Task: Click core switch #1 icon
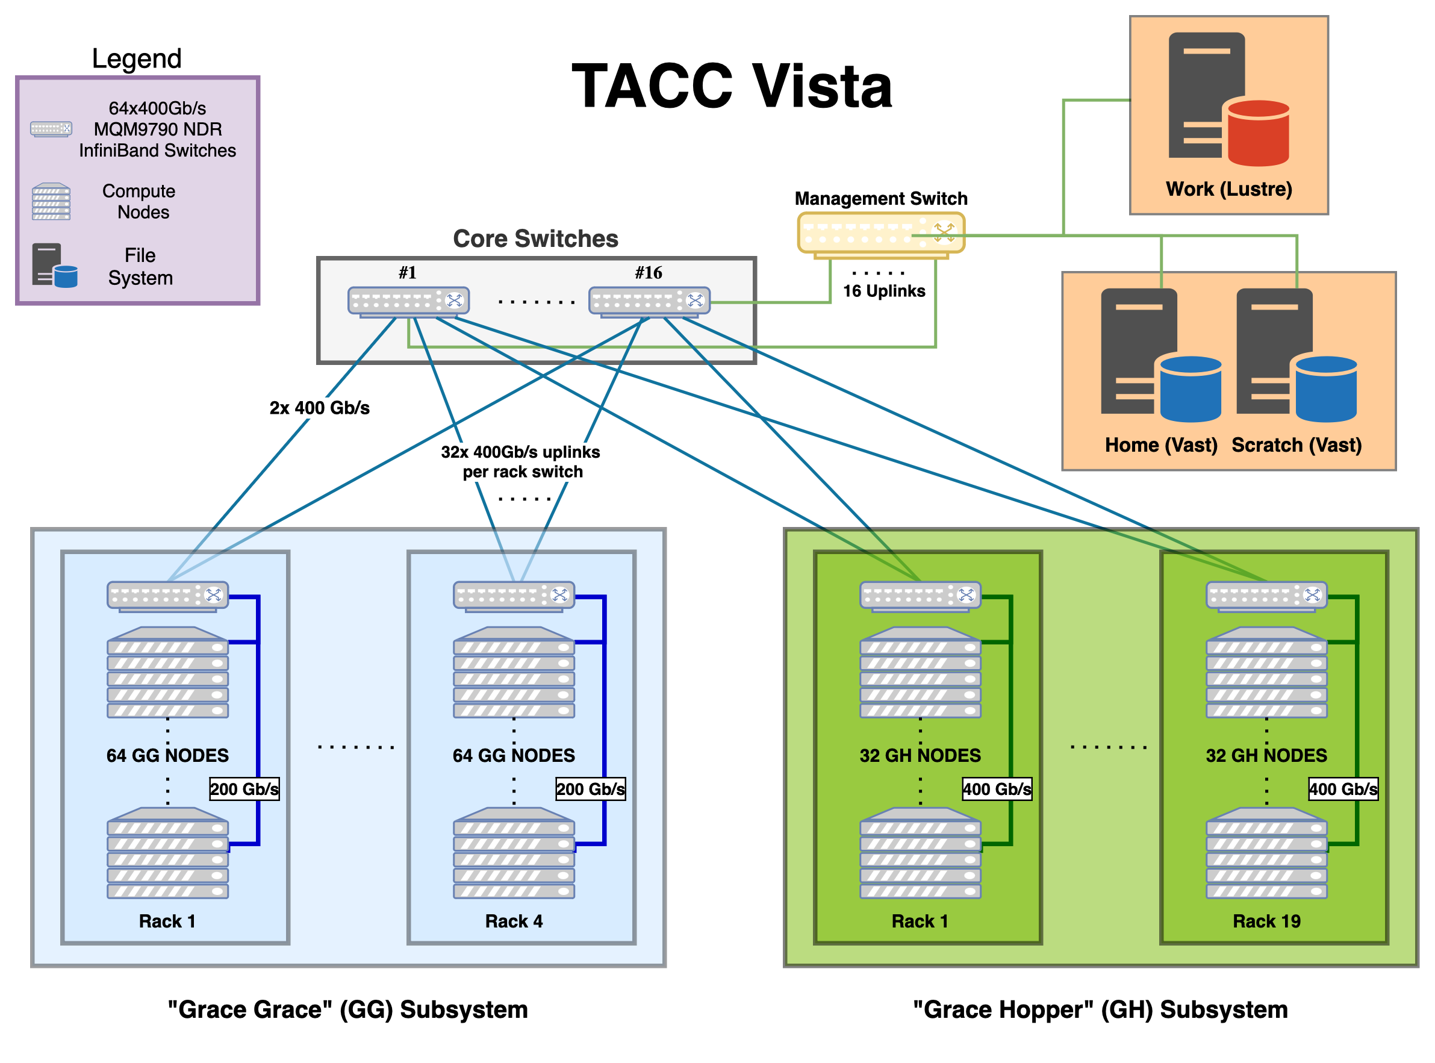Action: click(408, 301)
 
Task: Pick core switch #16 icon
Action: click(649, 301)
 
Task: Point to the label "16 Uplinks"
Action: click(884, 291)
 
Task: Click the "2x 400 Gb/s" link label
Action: click(319, 408)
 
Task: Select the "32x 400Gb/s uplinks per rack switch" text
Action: click(521, 461)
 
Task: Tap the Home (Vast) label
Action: click(1160, 444)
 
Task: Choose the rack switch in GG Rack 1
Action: click(167, 595)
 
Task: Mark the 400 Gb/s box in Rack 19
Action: click(1342, 789)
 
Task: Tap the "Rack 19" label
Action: click(1266, 921)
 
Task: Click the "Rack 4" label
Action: click(513, 921)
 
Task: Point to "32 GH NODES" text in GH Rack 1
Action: click(920, 755)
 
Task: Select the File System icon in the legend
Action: click(54, 265)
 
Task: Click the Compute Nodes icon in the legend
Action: click(51, 201)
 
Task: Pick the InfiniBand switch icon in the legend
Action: click(51, 129)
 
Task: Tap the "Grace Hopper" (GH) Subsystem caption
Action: click(1100, 1009)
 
